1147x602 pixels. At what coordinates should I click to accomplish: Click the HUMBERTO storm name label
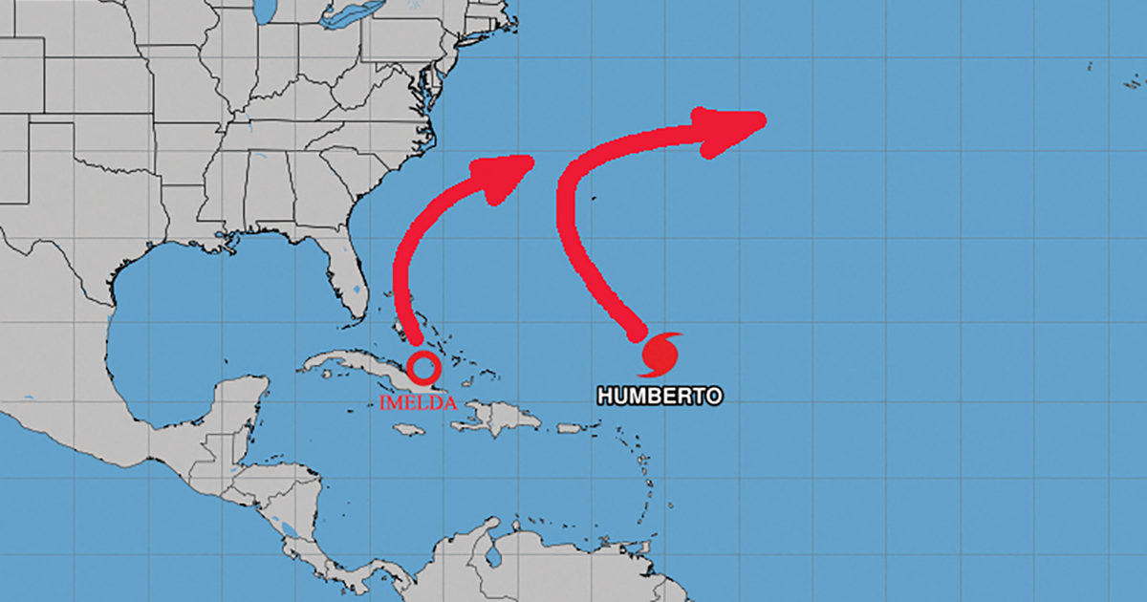(x=660, y=396)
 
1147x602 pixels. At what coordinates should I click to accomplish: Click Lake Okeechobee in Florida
(x=357, y=288)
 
